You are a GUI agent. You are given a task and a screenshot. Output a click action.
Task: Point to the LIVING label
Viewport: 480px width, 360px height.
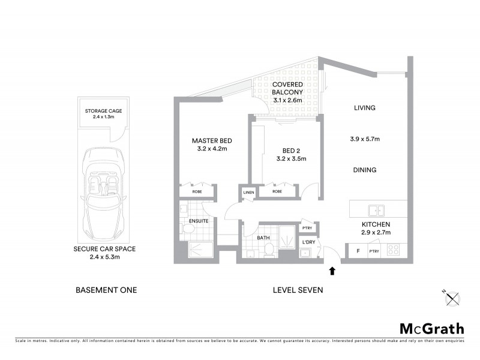[x=364, y=109]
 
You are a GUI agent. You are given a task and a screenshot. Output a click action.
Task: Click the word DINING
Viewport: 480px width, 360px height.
[x=364, y=170]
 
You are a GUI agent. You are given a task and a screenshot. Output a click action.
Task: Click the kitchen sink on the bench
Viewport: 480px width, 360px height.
[x=377, y=210]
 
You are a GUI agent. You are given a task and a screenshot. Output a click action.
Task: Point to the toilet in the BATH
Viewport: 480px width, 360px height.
[x=270, y=250]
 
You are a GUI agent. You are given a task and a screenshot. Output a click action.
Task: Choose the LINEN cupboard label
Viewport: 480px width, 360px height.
[x=248, y=192]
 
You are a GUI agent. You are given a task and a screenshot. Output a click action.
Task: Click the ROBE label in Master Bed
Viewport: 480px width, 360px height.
[x=196, y=191]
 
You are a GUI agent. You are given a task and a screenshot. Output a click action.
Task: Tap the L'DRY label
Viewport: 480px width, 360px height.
[x=308, y=242]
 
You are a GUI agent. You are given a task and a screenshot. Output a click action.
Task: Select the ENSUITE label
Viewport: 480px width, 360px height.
[x=198, y=221]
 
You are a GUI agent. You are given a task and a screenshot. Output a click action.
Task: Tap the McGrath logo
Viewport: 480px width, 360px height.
[x=432, y=329]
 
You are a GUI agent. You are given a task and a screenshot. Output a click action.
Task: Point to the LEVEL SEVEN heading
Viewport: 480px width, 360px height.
[x=298, y=290]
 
